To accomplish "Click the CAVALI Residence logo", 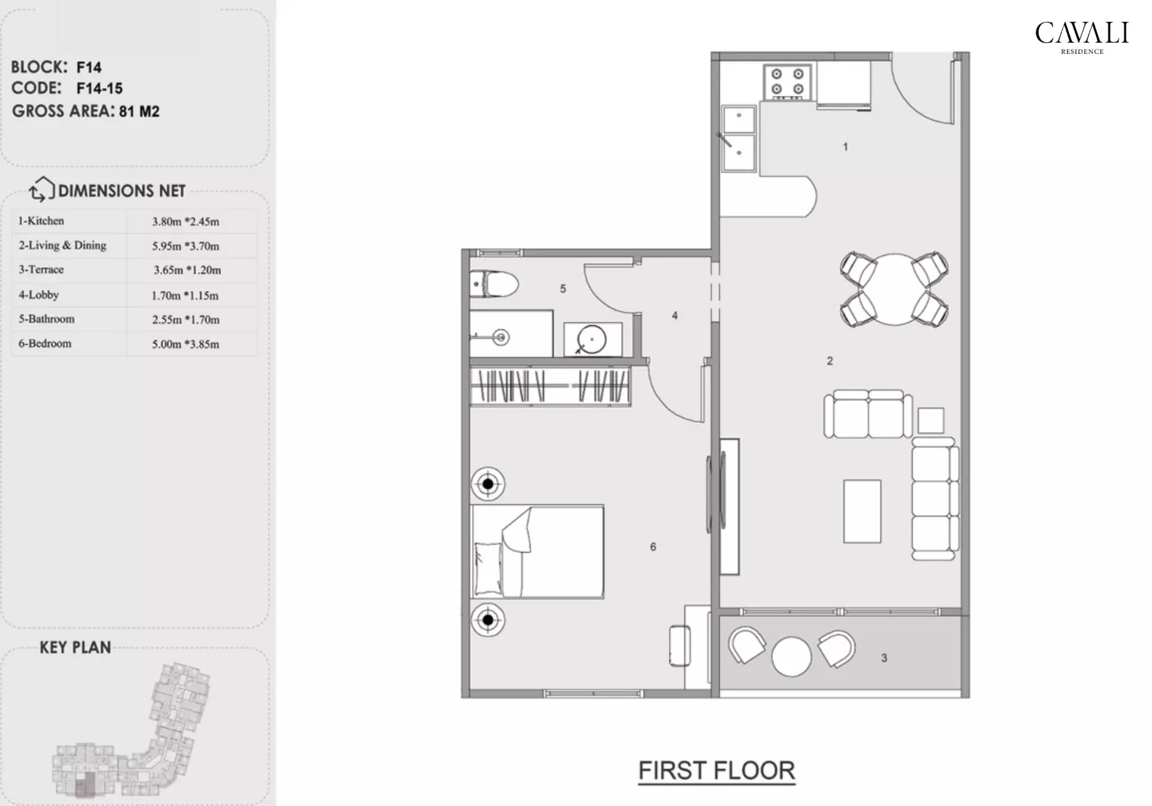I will (1081, 36).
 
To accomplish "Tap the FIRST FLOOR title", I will (716, 770).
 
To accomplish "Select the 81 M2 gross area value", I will (139, 111).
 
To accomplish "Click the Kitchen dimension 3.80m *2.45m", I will (185, 221).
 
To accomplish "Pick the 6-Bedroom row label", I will (45, 343).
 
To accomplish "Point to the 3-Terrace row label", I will (41, 269).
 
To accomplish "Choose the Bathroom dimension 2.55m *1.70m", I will (185, 319).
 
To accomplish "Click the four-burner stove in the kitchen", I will (787, 81).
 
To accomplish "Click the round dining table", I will (894, 289).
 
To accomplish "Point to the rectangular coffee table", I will (862, 511).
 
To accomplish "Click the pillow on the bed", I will (487, 568).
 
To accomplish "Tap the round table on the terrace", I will (791, 657).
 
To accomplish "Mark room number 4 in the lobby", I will (675, 316).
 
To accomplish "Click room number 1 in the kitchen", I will (845, 147).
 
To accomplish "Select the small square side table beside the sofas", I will (930, 420).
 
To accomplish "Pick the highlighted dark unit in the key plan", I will (86, 784).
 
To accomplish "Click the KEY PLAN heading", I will (75, 647).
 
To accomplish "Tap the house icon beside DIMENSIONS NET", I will (41, 190).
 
